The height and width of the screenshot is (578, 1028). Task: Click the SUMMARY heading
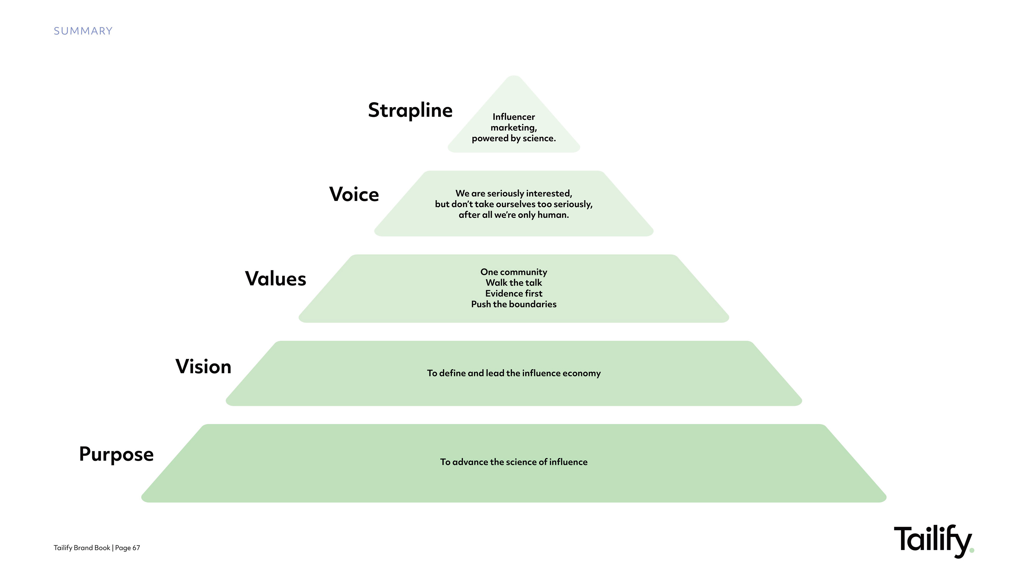[x=83, y=31]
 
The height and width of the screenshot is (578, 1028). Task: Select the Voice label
[x=354, y=194]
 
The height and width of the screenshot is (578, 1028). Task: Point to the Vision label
[x=203, y=367]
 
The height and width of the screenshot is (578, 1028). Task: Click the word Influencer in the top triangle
[x=514, y=117]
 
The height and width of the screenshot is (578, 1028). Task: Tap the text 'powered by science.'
[x=514, y=138]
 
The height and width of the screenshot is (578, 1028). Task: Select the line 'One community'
[x=514, y=272]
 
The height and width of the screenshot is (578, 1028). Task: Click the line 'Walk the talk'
[x=514, y=283]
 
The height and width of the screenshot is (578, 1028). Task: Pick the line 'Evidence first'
[x=514, y=294]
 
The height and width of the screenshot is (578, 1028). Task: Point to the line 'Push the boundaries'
[x=514, y=304]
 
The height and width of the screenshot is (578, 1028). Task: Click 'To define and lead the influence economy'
[x=514, y=373]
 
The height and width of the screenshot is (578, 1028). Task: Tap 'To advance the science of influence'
[x=514, y=462]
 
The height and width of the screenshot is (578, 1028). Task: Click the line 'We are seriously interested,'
[x=514, y=193]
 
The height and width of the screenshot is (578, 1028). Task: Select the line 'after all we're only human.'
[x=514, y=215]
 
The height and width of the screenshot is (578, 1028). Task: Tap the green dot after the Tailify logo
[x=972, y=550]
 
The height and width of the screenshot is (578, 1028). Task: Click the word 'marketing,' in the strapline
[x=514, y=128]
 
